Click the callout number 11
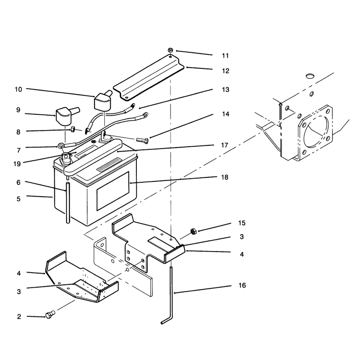[225, 56]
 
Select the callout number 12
[225, 71]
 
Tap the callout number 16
[242, 285]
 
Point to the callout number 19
[17, 164]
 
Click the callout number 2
[19, 317]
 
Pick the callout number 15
[242, 223]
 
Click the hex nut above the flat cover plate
[170, 49]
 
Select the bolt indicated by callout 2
[50, 314]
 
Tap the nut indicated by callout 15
[193, 231]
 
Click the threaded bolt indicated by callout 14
[142, 140]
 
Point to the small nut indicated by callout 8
[73, 129]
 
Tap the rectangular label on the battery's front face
[113, 191]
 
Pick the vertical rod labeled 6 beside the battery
[68, 202]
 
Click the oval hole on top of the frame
[310, 76]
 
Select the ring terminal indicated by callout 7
[61, 145]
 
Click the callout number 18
[225, 177]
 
